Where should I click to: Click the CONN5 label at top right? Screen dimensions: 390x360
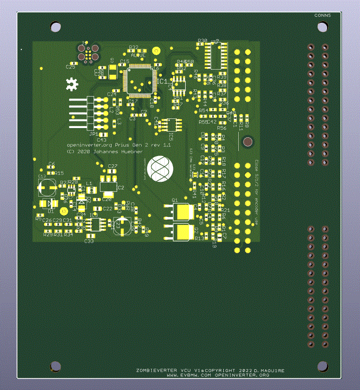[x=323, y=15]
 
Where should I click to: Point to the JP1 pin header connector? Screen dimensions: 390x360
[x=89, y=113]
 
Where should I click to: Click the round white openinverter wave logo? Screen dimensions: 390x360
[x=160, y=169]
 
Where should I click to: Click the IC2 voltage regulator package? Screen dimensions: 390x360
[x=108, y=185]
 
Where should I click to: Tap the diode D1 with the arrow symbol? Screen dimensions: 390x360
[x=50, y=203]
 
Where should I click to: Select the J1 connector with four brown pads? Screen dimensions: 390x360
[x=88, y=53]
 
